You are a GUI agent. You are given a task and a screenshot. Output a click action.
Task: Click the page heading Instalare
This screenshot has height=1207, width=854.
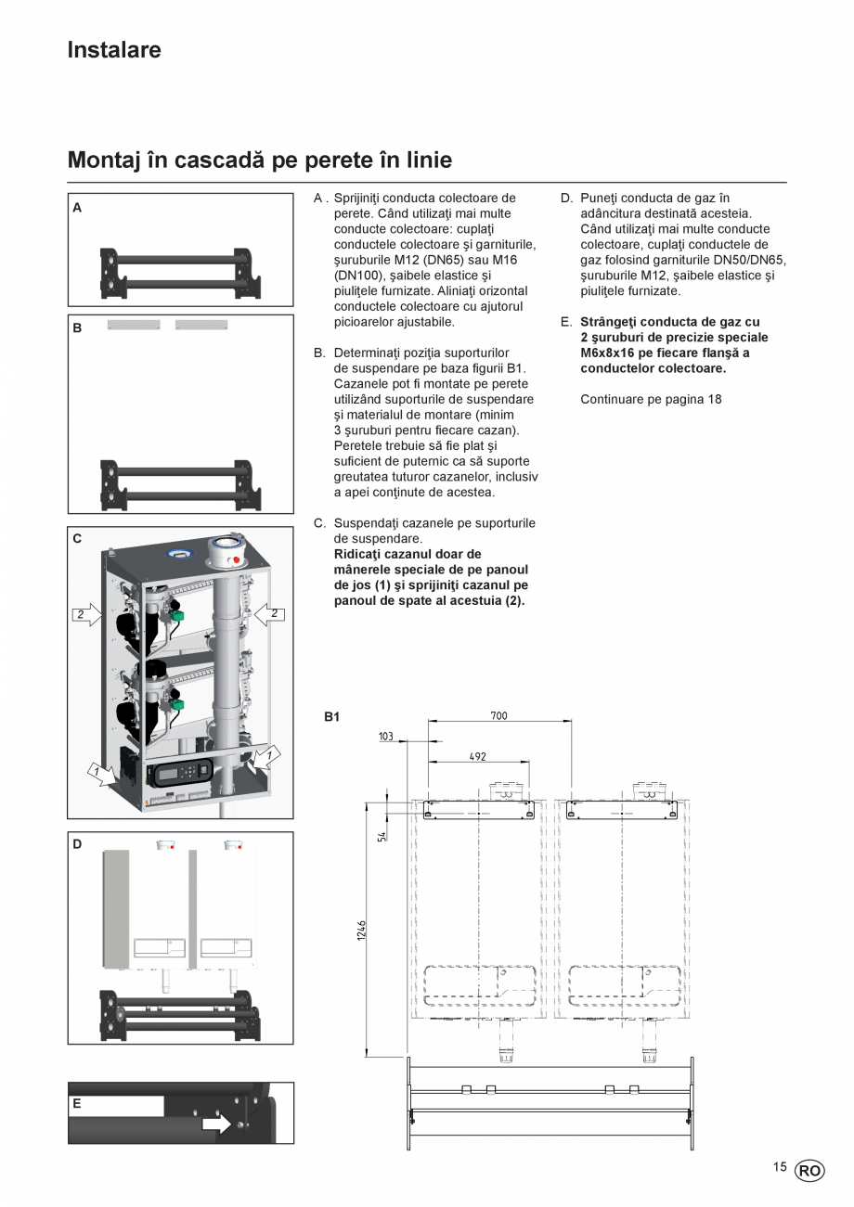(113, 50)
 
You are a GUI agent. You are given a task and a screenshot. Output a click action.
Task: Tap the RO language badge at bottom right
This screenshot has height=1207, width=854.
(809, 1171)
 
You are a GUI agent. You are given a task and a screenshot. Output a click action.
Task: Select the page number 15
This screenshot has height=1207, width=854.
(779, 1167)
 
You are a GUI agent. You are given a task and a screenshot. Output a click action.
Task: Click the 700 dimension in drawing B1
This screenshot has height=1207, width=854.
(498, 715)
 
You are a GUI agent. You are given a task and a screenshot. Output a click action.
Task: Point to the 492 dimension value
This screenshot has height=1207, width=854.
(477, 757)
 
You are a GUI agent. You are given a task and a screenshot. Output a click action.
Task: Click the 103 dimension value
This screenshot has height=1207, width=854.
(386, 737)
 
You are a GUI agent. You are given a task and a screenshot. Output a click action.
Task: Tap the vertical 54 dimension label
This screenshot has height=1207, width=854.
(382, 836)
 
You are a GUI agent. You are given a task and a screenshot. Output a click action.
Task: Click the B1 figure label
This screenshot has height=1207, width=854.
(331, 716)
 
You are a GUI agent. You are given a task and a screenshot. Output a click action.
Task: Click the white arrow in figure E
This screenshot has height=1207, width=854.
(216, 1124)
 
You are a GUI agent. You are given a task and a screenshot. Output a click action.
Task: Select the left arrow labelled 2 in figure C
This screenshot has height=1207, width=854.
(86, 614)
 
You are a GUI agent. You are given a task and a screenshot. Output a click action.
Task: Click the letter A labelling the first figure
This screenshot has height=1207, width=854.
(77, 208)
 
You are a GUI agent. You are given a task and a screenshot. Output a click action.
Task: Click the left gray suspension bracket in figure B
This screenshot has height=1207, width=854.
(134, 325)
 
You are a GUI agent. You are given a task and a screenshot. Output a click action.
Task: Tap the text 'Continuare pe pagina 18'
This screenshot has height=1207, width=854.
(651, 399)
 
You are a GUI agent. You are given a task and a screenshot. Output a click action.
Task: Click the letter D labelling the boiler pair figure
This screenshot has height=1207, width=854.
(77, 844)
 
